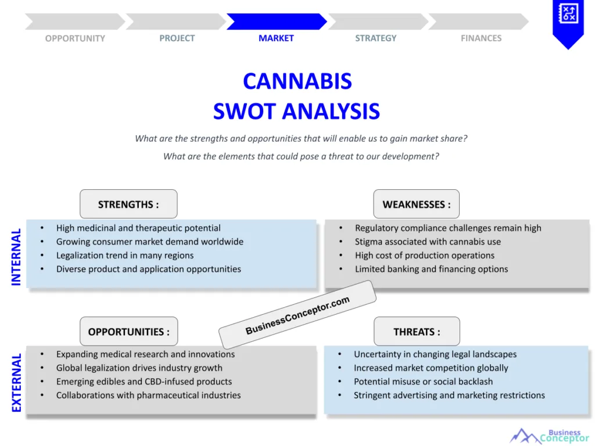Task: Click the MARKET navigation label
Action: coord(276,38)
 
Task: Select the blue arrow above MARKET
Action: coord(276,21)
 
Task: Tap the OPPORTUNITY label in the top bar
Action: coord(75,38)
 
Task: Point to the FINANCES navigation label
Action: coord(481,38)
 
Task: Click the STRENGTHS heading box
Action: coord(128,204)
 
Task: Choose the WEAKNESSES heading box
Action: coord(416,204)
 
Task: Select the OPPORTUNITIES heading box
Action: coord(128,332)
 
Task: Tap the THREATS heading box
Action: coord(417,332)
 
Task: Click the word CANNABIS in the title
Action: coord(297,81)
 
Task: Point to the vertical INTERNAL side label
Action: coord(16,256)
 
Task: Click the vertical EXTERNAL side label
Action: coord(16,383)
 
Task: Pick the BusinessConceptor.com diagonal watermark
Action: coord(297,315)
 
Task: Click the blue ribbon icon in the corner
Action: coord(567,21)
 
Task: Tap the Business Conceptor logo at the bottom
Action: coord(549,436)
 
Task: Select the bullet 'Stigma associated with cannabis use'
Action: coord(428,242)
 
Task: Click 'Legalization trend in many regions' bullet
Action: coord(125,256)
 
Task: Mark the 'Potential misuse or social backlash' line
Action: coord(423,382)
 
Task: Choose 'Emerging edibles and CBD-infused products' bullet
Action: coord(144,382)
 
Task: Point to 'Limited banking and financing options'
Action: coord(431,269)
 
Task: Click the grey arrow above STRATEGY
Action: coord(377,21)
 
